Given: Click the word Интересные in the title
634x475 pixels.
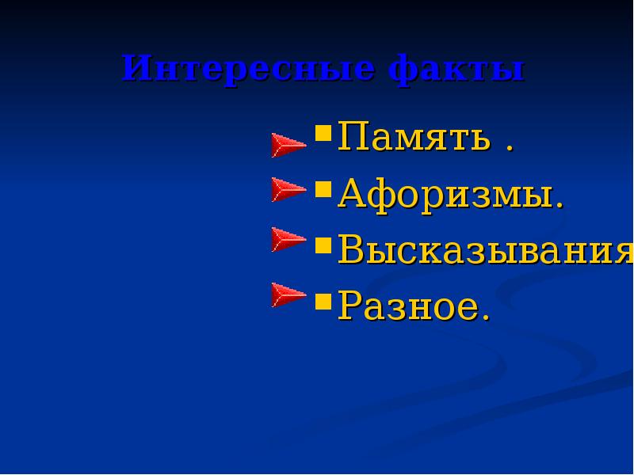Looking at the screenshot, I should [249, 69].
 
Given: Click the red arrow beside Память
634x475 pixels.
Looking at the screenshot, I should [288, 146].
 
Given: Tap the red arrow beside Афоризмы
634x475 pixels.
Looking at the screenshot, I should [288, 189].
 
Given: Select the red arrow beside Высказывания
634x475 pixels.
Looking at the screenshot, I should [288, 239].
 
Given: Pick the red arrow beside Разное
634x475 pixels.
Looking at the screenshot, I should [288, 294].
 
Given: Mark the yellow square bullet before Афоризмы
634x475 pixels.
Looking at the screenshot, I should [323, 188].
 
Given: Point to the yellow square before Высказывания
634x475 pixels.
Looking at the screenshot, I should [323, 244].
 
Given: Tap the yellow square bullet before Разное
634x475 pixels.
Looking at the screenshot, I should [323, 300].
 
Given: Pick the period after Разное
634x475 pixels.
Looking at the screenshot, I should [485, 317].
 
